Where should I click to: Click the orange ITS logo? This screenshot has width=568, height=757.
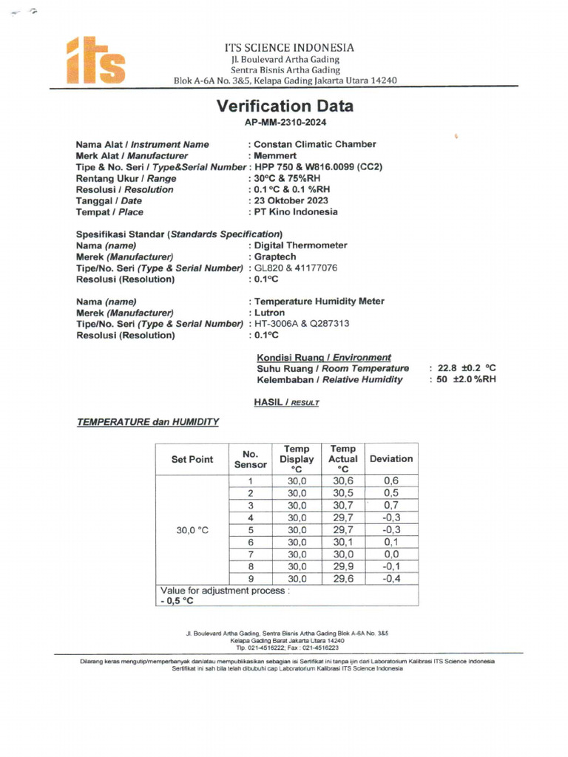(x=97, y=61)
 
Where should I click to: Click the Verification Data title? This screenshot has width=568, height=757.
(x=285, y=106)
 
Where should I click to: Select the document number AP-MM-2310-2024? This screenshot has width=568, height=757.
(x=285, y=123)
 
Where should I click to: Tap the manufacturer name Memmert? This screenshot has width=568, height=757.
(x=274, y=156)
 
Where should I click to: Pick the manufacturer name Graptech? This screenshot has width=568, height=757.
(x=277, y=257)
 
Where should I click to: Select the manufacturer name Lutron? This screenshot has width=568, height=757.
(x=269, y=313)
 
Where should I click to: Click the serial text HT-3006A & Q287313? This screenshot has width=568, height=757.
(x=301, y=324)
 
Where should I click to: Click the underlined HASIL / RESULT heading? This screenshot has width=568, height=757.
(x=286, y=403)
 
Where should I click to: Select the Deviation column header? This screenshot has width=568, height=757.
(x=391, y=459)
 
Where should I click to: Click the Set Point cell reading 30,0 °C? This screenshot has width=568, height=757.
(x=192, y=529)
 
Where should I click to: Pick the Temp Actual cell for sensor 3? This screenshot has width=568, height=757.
(x=343, y=506)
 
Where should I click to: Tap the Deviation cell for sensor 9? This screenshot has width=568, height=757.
(x=391, y=579)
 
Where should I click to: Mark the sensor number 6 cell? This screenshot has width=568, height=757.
(x=251, y=542)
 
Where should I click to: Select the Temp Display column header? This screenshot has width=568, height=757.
(x=297, y=459)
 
